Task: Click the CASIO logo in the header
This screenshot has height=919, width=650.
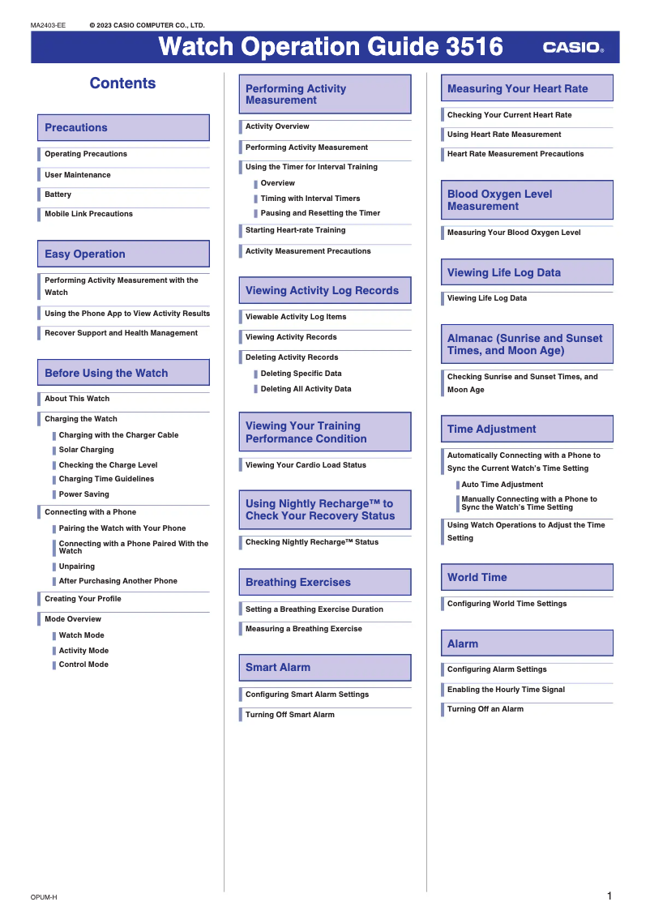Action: tap(573, 48)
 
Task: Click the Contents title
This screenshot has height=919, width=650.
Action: tap(122, 83)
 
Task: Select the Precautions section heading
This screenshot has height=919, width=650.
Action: tap(76, 128)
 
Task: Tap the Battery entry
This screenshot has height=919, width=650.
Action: tap(58, 194)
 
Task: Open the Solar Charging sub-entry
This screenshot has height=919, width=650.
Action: tap(86, 450)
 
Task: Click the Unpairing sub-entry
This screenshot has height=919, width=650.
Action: tap(77, 566)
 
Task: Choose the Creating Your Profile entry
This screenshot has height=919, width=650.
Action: tap(83, 599)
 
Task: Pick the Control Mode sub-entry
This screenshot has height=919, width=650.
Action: tap(83, 665)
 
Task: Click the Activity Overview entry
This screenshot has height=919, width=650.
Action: tap(277, 126)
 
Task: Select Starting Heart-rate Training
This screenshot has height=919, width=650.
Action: tap(295, 230)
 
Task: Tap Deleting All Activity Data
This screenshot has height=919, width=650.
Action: tap(306, 389)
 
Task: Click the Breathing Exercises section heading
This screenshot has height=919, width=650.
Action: tap(298, 583)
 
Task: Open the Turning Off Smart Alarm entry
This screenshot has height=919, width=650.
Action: tap(290, 715)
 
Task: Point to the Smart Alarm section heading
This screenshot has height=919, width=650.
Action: tap(278, 668)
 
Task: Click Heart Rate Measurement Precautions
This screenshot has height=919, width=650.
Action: tap(515, 154)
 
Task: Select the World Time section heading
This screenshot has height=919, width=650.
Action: tap(477, 578)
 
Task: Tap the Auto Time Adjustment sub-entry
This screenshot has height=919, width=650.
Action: tap(502, 485)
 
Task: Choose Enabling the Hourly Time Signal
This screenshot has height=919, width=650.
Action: tap(506, 690)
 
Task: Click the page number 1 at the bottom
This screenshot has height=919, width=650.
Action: tap(609, 896)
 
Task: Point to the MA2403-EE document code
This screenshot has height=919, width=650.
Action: tap(49, 25)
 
